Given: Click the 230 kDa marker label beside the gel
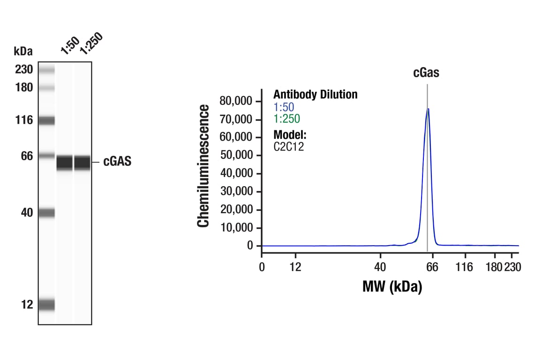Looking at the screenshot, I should (x=23, y=70).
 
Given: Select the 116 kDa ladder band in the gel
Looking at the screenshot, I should (x=46, y=120).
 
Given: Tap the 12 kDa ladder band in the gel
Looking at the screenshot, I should (x=46, y=305).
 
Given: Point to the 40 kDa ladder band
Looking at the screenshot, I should (x=46, y=213).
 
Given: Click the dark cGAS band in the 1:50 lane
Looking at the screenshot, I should (x=65, y=163).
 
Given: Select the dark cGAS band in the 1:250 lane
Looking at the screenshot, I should (x=82, y=163).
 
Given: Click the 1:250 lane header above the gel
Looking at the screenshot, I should (x=90, y=44).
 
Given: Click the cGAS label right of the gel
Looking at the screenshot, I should (x=117, y=162).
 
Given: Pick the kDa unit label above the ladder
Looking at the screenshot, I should (x=23, y=51).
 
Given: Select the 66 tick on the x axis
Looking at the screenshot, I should (x=432, y=267).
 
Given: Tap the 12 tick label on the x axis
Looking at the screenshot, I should (x=295, y=267).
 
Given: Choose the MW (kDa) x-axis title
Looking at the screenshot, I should (x=392, y=286).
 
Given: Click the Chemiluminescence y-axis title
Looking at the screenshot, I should (x=203, y=166).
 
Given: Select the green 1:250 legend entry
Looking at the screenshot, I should (x=286, y=119).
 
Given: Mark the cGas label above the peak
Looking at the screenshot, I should (x=426, y=73).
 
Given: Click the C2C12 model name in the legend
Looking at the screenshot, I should (x=289, y=146).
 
